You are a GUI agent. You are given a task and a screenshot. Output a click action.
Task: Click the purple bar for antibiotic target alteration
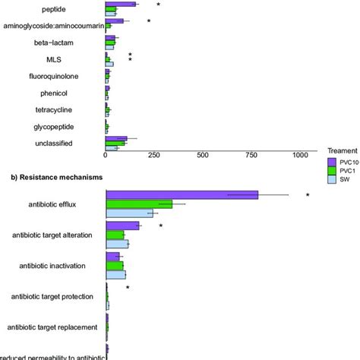[122, 226]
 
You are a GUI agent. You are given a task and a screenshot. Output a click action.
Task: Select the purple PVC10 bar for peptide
[121, 4]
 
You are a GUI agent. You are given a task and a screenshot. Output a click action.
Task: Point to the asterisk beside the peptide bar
[158, 5]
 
